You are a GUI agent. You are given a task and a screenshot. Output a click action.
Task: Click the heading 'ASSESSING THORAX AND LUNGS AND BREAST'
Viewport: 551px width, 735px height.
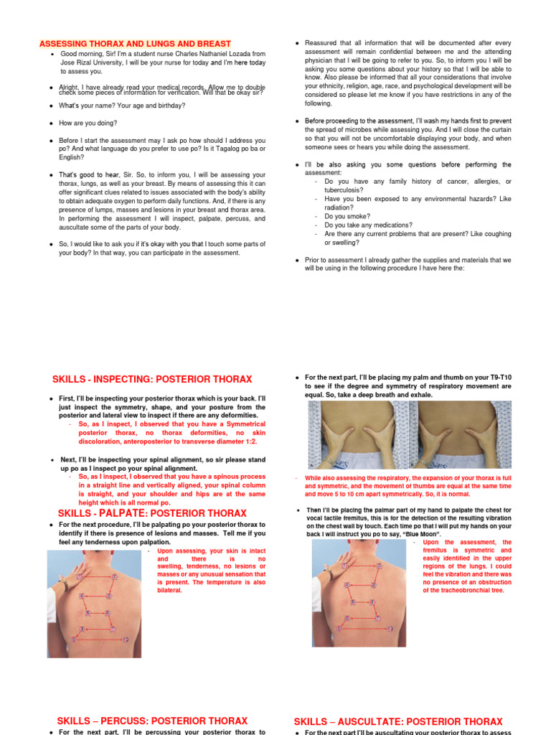tap(135, 44)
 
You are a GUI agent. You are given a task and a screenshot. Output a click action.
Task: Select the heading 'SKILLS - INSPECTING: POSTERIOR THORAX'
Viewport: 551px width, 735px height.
tap(152, 379)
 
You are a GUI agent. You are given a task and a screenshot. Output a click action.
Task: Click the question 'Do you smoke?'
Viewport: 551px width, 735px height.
tap(347, 215)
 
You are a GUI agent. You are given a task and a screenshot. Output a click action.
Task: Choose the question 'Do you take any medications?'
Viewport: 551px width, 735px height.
tap(368, 225)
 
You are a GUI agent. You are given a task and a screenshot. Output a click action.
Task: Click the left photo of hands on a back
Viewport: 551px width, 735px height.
tap(362, 434)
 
